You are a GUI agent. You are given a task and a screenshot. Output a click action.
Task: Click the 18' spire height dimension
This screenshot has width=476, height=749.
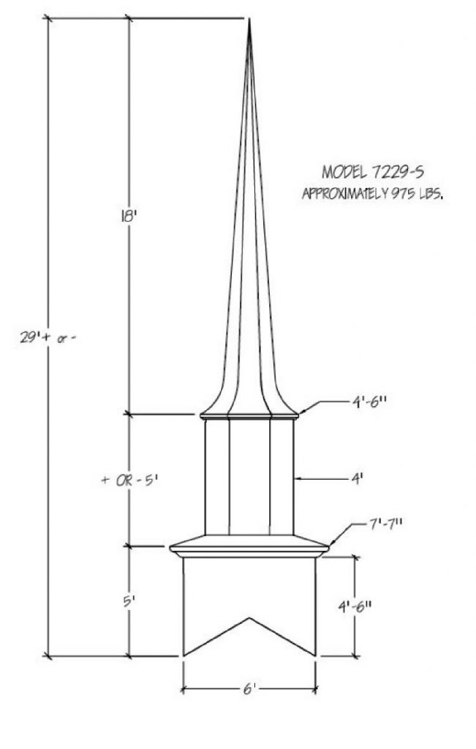point(129,217)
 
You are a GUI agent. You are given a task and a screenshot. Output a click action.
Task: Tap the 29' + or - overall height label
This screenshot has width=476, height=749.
point(48,338)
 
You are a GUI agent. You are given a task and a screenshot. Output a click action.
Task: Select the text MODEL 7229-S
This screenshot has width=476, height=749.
point(373,171)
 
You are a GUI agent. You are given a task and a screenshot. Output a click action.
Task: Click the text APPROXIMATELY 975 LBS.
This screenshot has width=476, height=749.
point(373,194)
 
